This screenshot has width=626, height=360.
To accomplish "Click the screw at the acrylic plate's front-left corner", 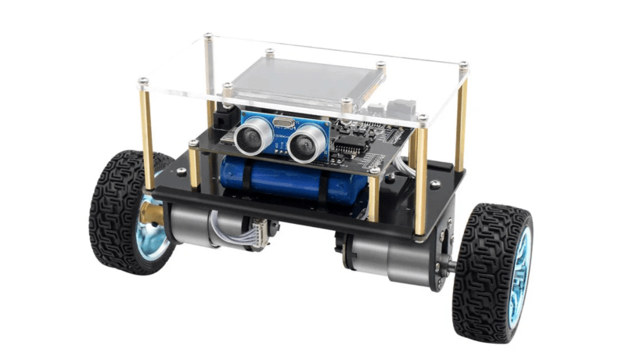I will coord(143,81).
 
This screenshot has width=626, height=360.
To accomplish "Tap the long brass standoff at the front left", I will coord(147,137).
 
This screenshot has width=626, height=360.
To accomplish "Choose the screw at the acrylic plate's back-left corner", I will coord(208,36).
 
